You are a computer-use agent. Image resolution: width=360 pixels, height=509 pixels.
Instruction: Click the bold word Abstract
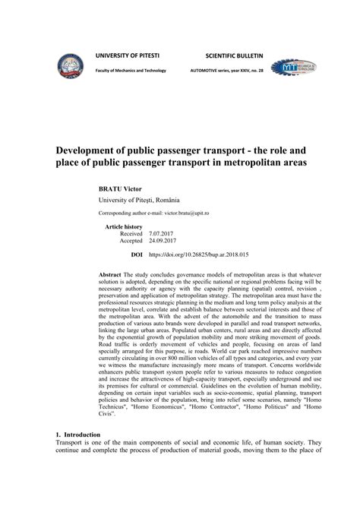pyautogui.click(x=112, y=273)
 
